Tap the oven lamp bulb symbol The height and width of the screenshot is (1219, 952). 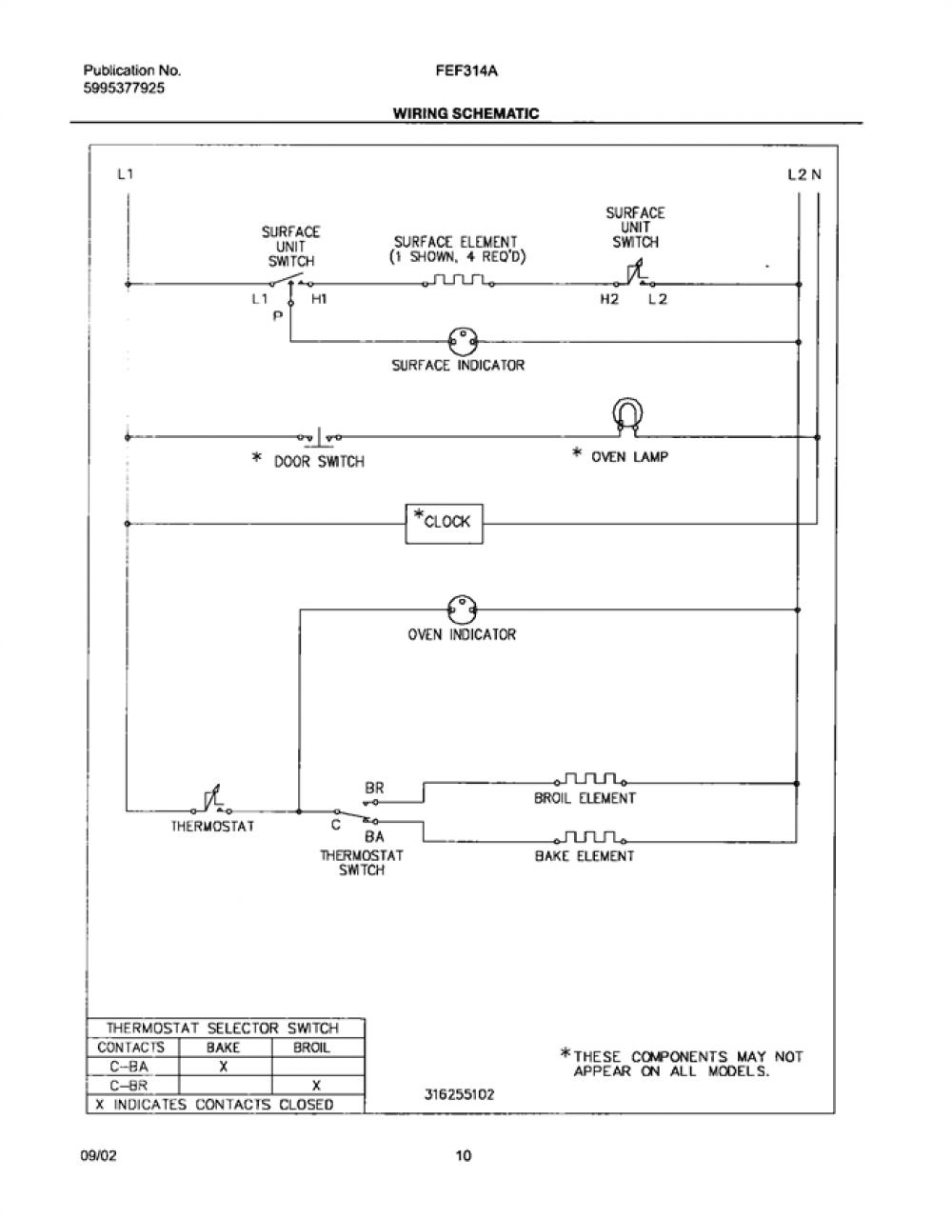tap(627, 417)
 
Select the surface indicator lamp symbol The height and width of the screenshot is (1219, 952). tap(463, 341)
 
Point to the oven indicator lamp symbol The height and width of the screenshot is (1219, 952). tap(462, 609)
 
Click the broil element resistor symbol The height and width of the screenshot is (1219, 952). tap(590, 779)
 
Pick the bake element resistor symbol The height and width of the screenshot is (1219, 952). tap(590, 837)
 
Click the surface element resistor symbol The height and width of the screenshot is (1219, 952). tap(459, 280)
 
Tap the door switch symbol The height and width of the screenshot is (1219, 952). tap(319, 437)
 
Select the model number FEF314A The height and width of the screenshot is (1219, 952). tap(466, 71)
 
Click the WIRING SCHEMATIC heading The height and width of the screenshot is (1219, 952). tap(466, 113)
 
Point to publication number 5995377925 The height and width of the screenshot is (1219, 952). tap(124, 88)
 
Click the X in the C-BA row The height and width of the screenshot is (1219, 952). tap(223, 1067)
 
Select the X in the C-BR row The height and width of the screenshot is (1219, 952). tap(316, 1086)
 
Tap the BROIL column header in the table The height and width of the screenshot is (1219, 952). tap(311, 1048)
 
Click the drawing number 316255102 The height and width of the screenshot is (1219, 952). tap(459, 1094)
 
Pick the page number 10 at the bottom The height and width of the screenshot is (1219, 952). tap(463, 1155)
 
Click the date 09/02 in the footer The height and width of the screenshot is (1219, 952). tap(99, 1155)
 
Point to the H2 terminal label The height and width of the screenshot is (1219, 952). tap(609, 300)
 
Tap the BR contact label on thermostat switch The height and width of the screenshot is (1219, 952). tap(374, 788)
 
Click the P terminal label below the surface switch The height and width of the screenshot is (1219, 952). tap(278, 316)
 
